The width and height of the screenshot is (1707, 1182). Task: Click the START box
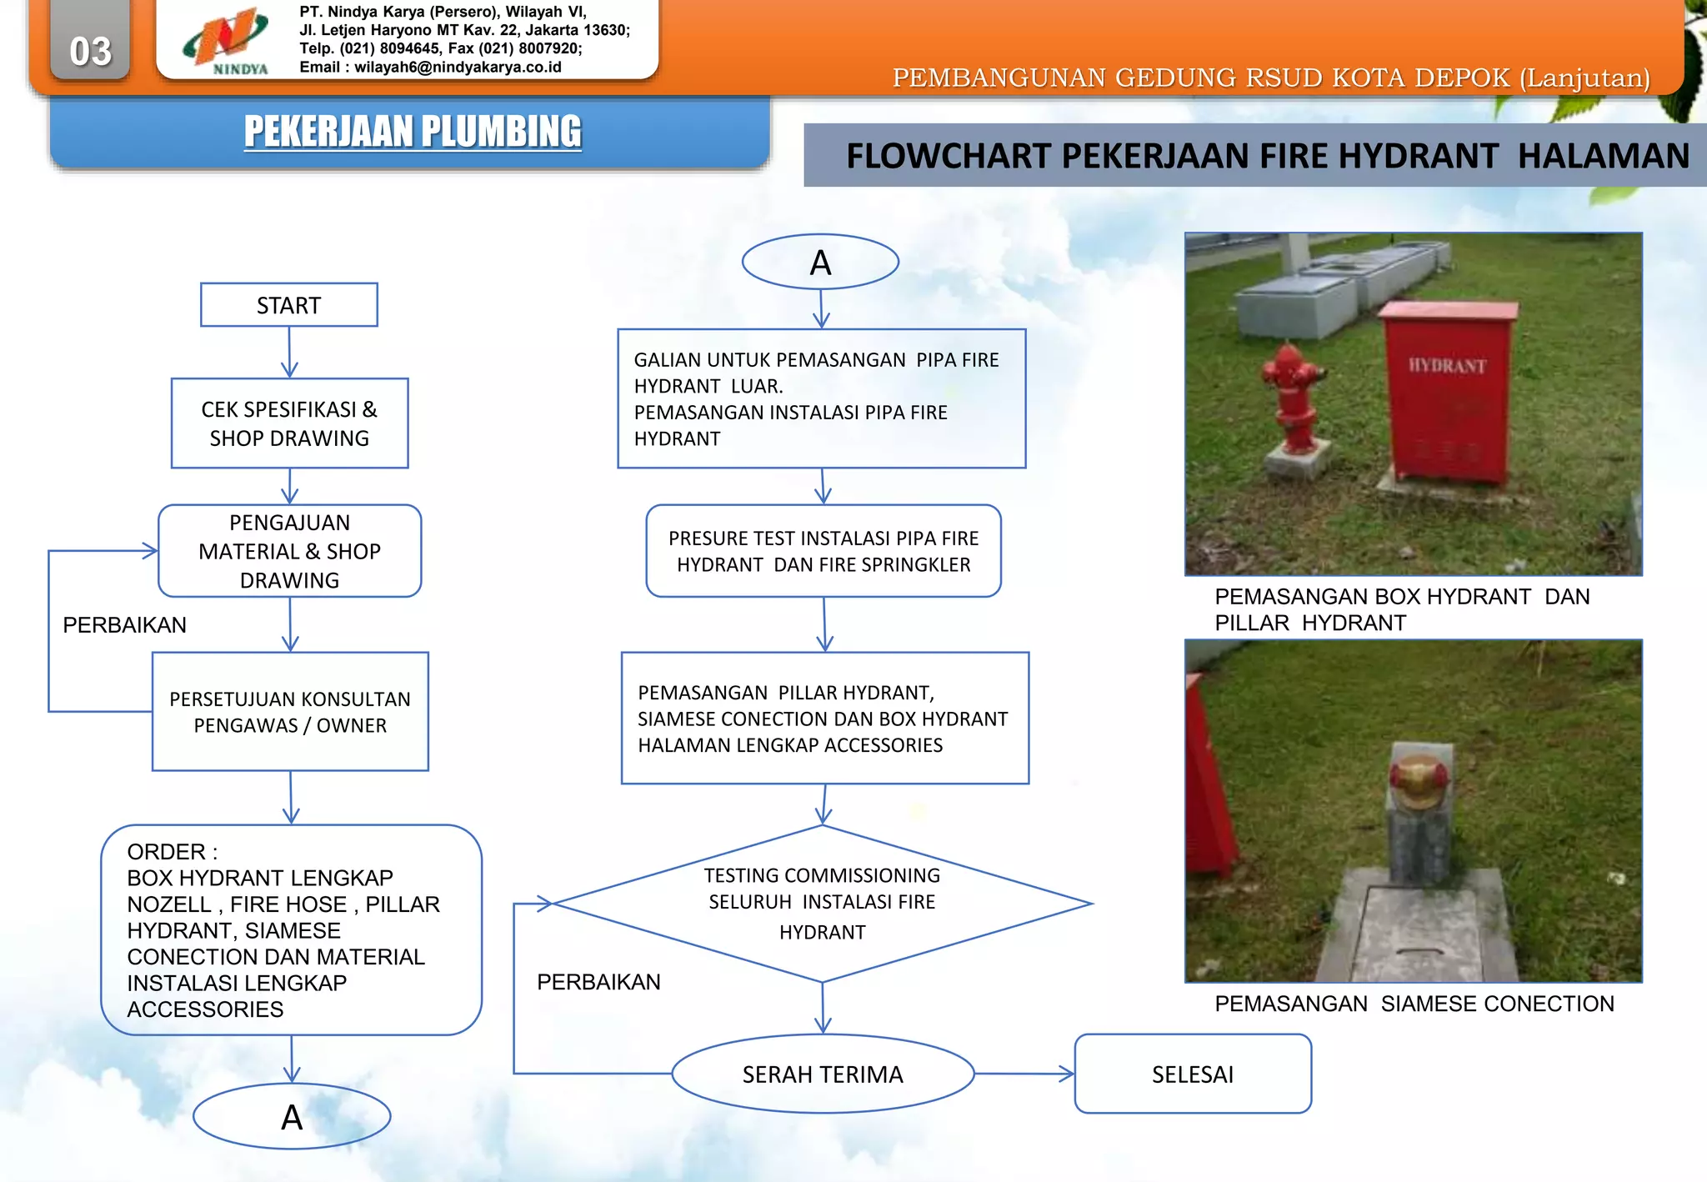288,305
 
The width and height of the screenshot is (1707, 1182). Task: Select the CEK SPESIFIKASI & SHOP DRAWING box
289,423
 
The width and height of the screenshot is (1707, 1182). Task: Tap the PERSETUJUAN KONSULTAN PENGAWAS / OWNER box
290,712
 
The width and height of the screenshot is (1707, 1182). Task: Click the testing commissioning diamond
822,904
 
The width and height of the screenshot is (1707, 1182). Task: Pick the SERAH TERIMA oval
823,1074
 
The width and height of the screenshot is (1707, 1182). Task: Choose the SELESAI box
1193,1074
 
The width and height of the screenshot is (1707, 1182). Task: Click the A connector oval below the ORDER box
292,1117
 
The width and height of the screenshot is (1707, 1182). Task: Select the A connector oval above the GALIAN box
820,263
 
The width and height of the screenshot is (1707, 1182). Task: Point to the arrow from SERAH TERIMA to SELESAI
1024,1074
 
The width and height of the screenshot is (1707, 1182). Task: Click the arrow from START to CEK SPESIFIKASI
289,352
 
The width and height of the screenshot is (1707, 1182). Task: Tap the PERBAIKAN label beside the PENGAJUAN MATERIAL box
124,625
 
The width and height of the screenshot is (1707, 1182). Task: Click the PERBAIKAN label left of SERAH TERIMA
598,982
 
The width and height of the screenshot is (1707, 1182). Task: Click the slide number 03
90,51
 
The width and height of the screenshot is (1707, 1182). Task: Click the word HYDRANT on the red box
1447,365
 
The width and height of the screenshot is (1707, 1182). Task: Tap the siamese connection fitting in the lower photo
1419,782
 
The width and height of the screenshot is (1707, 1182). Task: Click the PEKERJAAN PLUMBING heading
413,132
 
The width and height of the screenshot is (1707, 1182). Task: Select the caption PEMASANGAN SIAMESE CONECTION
1414,1004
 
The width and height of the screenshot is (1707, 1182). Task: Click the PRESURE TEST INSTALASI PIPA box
823,551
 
